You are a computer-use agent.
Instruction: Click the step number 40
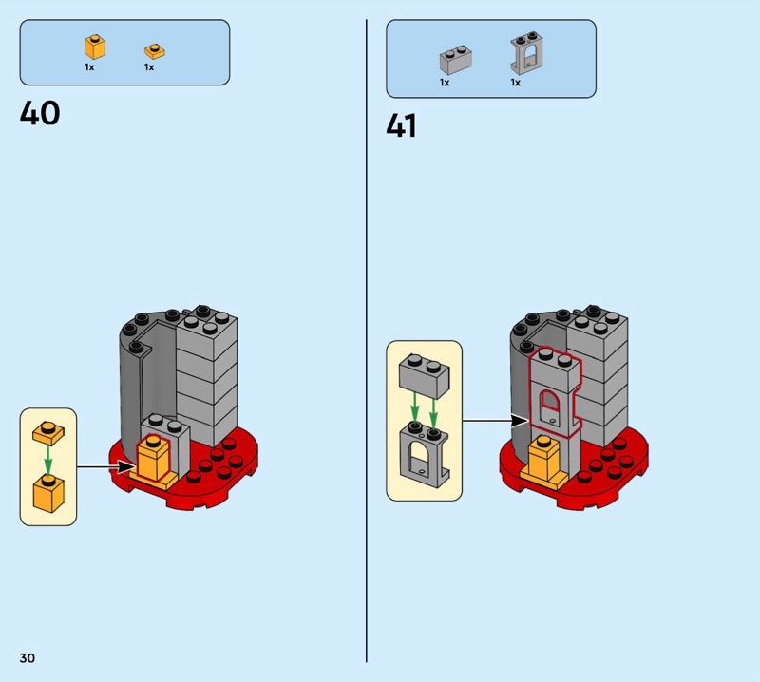40,113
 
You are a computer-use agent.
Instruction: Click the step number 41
402,126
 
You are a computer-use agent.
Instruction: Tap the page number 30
27,657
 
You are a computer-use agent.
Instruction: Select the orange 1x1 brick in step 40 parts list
94,47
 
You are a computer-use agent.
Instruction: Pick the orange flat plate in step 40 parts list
154,50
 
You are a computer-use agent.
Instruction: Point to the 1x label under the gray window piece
515,83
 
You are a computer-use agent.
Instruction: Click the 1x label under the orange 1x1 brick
89,67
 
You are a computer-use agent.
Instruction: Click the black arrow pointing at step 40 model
106,466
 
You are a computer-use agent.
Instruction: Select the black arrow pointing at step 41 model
494,420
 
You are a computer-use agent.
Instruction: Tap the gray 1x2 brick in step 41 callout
424,372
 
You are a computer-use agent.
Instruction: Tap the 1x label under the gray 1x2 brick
444,83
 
